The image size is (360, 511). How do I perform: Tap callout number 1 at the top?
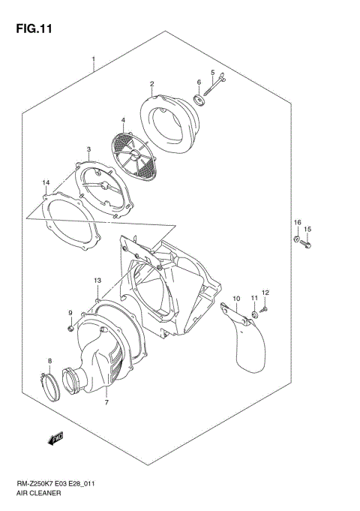[x=93, y=59]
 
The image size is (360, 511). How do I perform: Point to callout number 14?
[x=46, y=183]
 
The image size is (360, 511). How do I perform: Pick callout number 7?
[x=106, y=402]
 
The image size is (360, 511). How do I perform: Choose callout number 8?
[x=49, y=361]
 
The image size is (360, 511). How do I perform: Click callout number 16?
[x=297, y=223]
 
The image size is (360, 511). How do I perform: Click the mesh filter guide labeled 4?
[x=134, y=155]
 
